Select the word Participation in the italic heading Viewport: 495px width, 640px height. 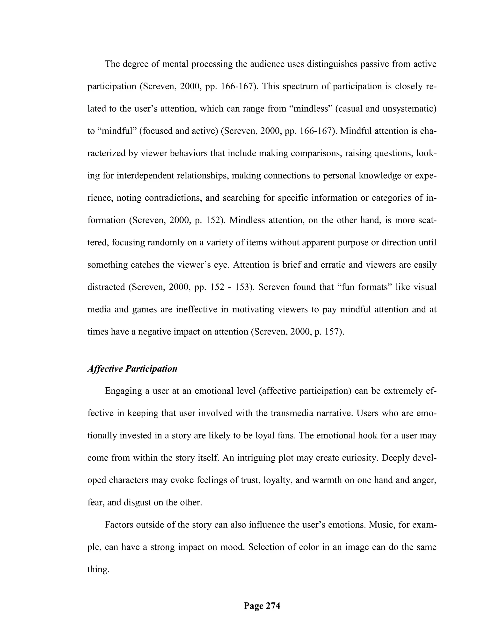151,369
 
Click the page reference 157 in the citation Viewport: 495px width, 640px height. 331,332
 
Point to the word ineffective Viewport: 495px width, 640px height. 196,309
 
